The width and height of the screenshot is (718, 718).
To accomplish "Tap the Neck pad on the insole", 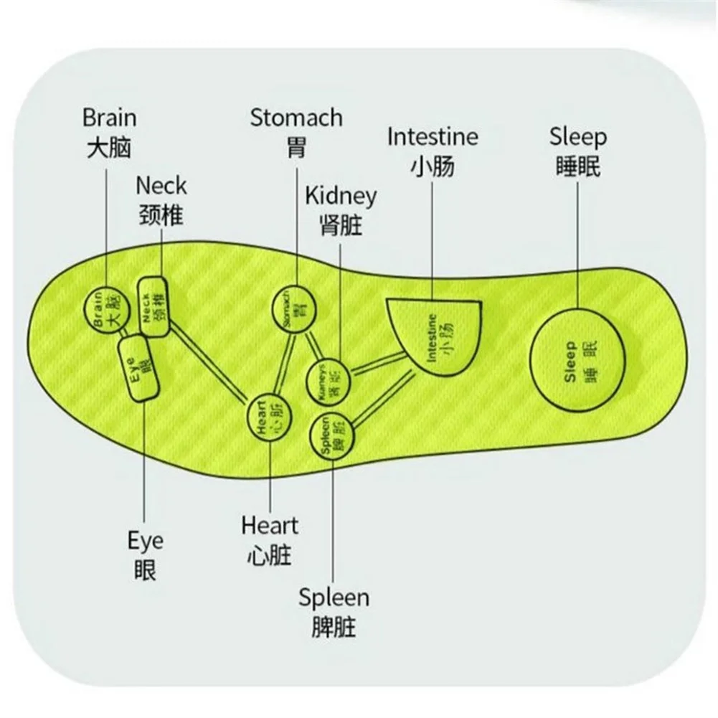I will click(153, 307).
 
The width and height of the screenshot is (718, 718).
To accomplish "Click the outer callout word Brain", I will click(109, 118).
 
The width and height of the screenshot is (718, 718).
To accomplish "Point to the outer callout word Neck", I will click(161, 186).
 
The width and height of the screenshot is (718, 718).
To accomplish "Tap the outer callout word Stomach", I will click(296, 118).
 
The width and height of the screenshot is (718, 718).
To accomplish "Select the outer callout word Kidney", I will click(341, 196).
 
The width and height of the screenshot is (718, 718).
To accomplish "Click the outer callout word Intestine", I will click(433, 136).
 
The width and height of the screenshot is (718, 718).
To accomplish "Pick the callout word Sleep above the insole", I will click(578, 136).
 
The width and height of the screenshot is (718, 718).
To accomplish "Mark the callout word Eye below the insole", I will click(146, 541).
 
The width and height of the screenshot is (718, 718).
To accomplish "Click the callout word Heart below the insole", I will click(269, 526).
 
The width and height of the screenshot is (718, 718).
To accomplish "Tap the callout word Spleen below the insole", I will click(334, 597).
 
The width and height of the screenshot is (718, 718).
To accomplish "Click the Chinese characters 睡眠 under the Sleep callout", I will click(578, 166).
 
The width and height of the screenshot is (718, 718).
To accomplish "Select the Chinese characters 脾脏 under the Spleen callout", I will click(334, 628).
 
